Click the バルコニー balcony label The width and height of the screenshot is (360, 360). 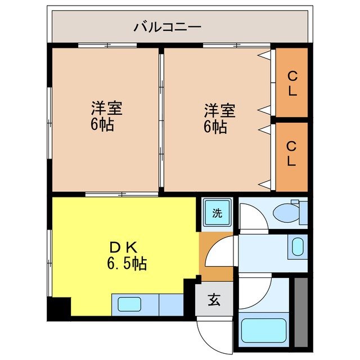pyautogui.click(x=168, y=27)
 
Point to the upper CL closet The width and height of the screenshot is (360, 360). pyautogui.click(x=292, y=83)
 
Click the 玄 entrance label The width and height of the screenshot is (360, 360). pyautogui.click(x=215, y=300)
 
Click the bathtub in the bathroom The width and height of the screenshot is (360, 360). pyautogui.click(x=264, y=331)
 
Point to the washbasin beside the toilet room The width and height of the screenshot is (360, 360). pyautogui.click(x=298, y=246)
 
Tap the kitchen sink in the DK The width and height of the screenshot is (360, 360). pyautogui.click(x=130, y=304)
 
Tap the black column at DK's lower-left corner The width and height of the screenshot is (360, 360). pyautogui.click(x=59, y=308)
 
